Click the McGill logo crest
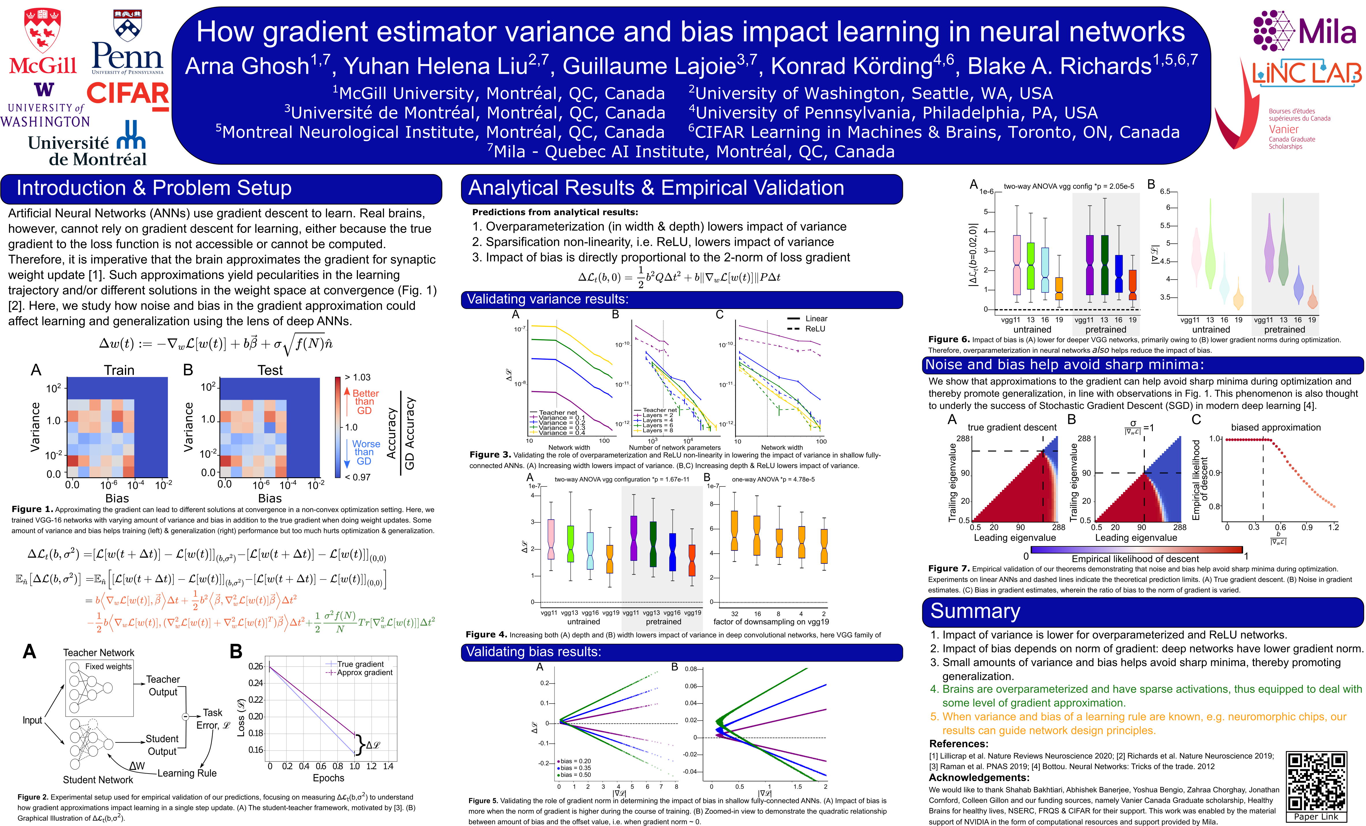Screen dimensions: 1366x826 (x=43, y=31)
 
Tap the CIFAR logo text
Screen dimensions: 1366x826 (x=128, y=94)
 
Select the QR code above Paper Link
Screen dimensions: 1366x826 (x=1316, y=781)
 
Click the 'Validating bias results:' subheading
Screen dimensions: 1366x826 (x=533, y=652)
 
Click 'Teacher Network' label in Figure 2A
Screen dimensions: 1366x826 (x=99, y=652)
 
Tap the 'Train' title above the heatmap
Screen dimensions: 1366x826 (x=119, y=370)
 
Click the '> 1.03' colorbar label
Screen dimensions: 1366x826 (x=357, y=377)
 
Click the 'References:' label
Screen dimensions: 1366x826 (x=959, y=744)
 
